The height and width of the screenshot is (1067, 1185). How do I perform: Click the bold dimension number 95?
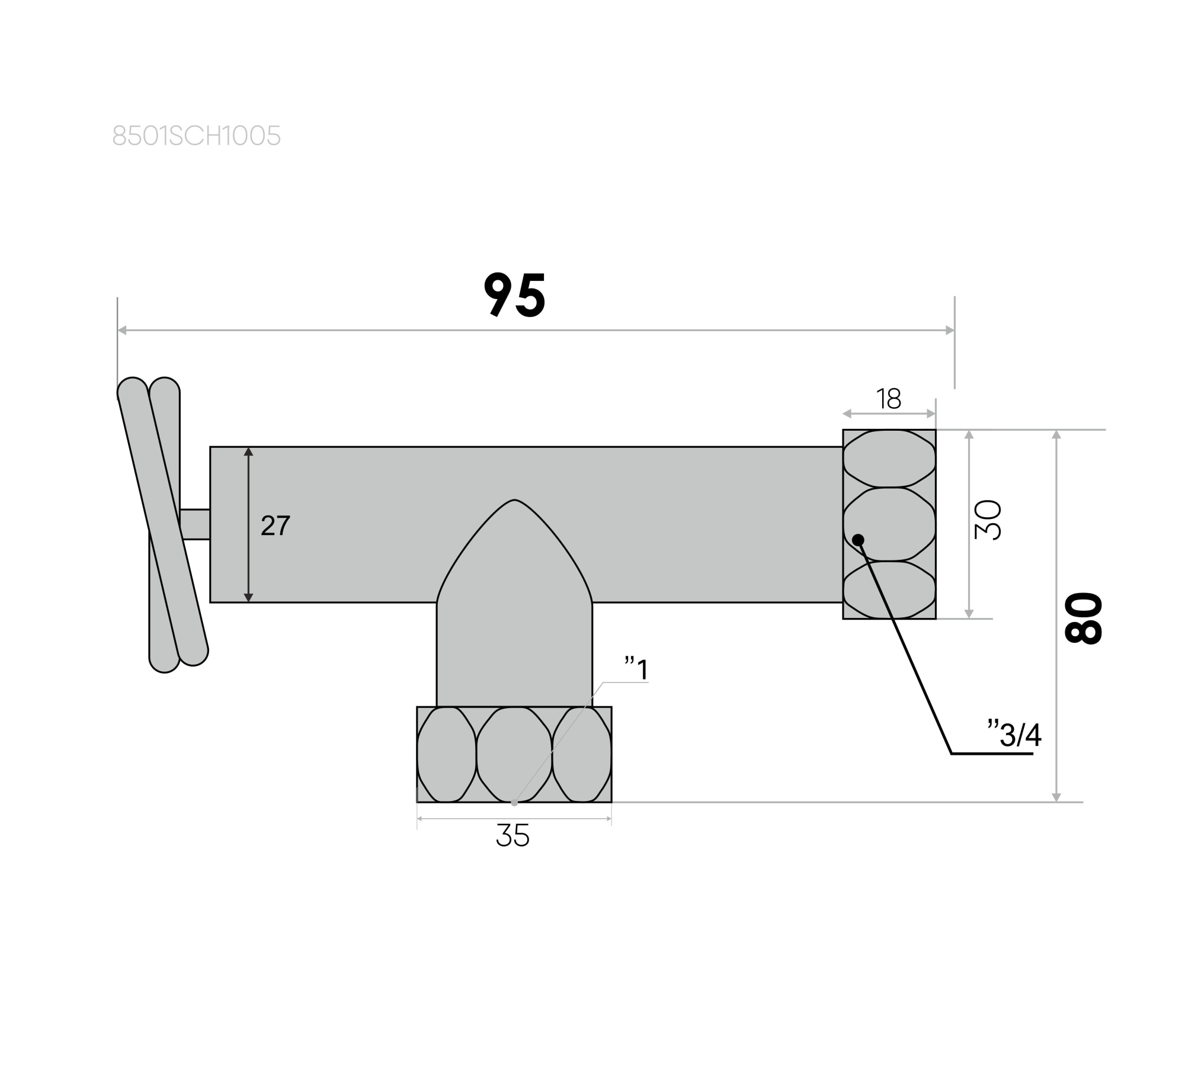pos(514,295)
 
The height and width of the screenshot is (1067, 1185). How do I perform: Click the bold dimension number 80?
pos(1084,617)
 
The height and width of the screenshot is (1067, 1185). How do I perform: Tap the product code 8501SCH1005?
pos(196,136)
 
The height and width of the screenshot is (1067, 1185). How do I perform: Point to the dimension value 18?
pos(889,399)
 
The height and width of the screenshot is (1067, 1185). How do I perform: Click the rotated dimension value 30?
pos(988,520)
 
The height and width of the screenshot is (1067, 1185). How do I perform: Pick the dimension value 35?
pos(513,836)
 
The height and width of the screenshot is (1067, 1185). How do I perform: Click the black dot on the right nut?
pos(858,540)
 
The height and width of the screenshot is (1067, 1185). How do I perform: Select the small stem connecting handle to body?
pos(195,524)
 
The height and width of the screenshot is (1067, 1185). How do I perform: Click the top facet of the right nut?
pos(889,459)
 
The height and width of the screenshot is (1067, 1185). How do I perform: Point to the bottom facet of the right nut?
pos(889,589)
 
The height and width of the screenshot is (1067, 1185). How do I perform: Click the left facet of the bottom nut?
pos(446,755)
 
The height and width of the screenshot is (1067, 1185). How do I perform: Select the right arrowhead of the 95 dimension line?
pos(950,331)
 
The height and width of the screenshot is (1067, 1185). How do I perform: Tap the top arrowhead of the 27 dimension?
pos(248,452)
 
